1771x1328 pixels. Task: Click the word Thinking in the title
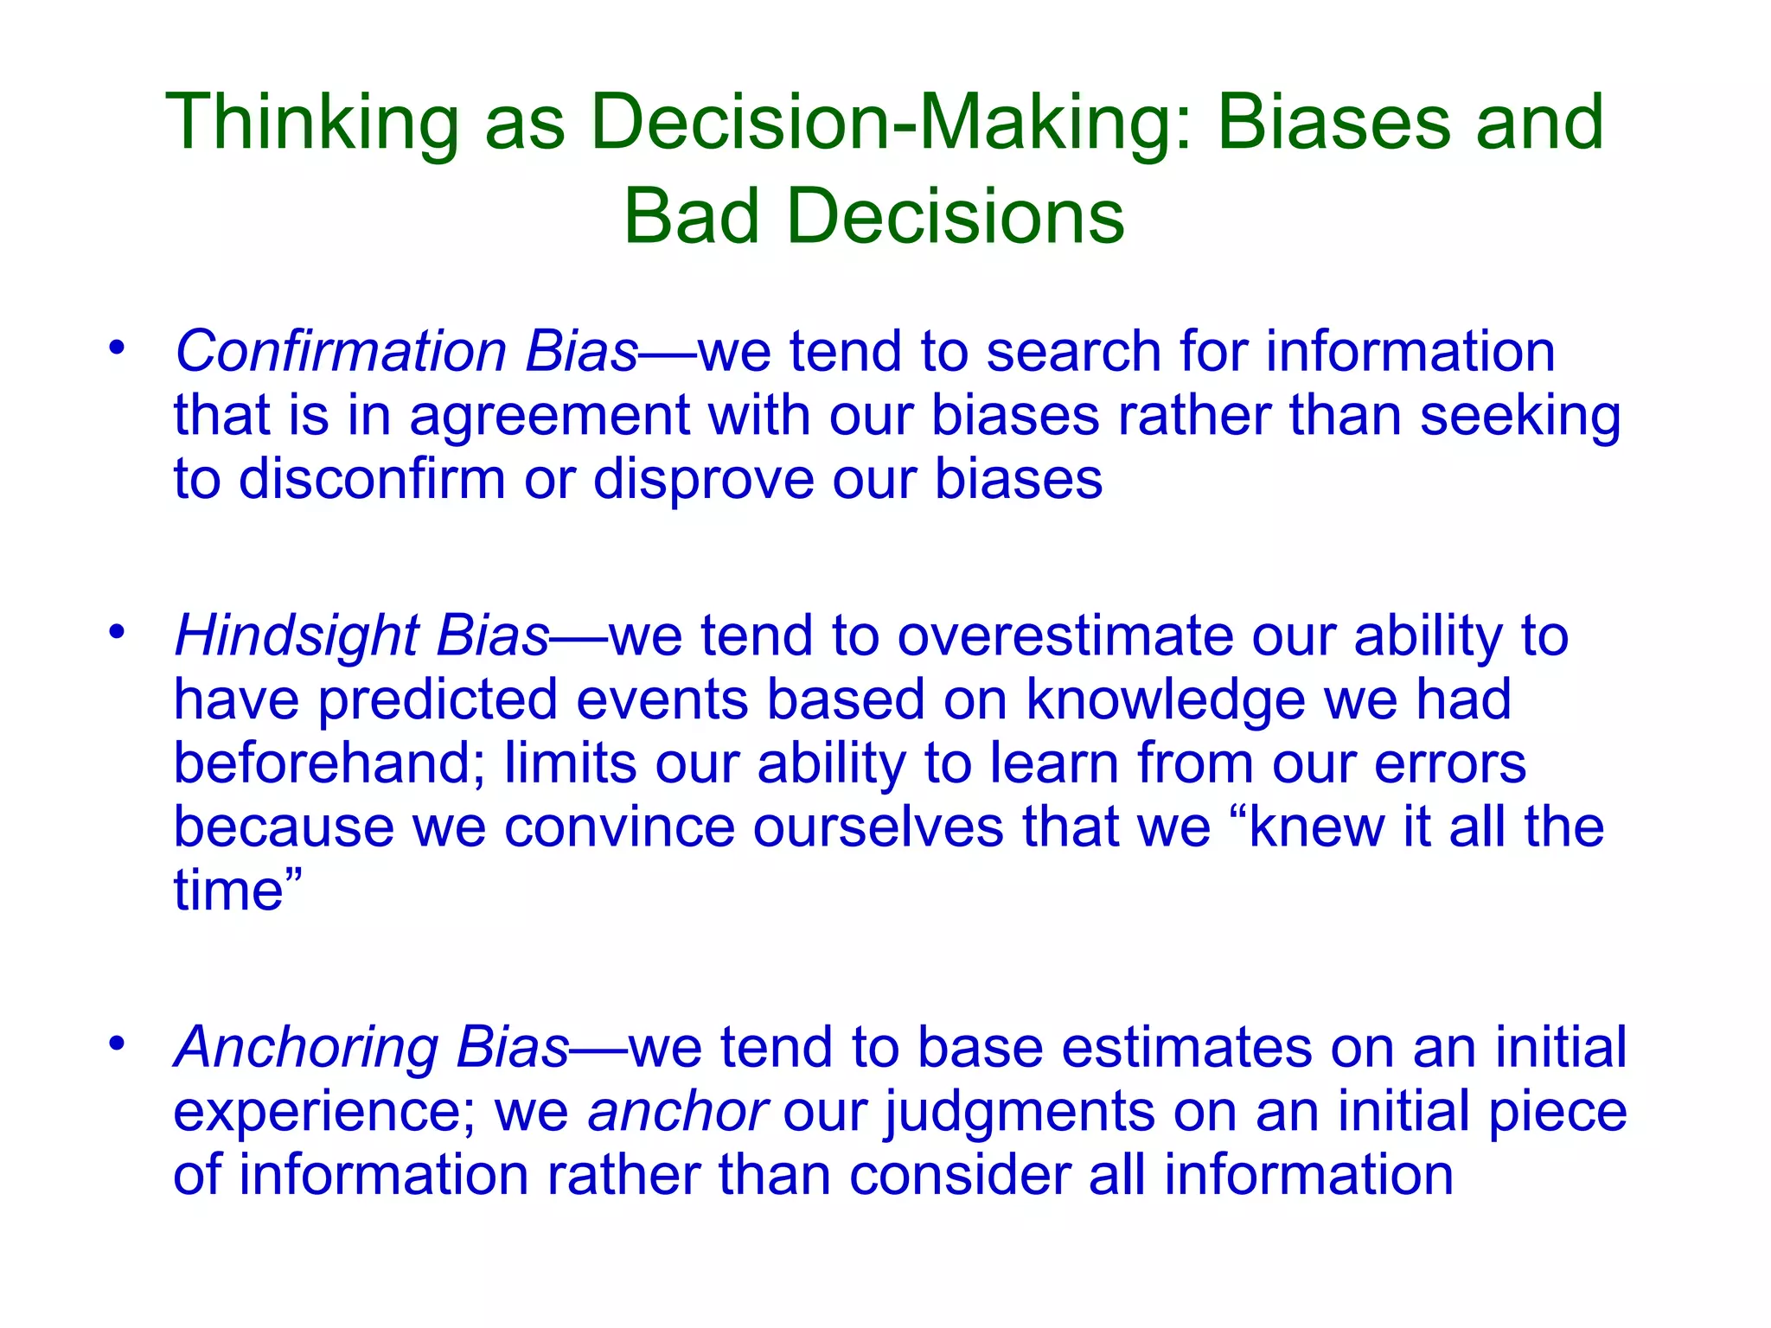(311, 124)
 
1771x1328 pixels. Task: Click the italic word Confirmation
(341, 352)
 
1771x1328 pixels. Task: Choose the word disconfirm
(372, 479)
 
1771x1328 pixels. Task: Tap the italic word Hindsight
(297, 636)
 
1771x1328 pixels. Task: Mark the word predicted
(438, 699)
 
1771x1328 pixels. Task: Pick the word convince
(619, 827)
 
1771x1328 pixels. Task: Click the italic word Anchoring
(307, 1048)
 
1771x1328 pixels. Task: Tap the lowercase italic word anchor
(677, 1112)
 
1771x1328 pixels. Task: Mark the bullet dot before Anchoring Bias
(117, 1044)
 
